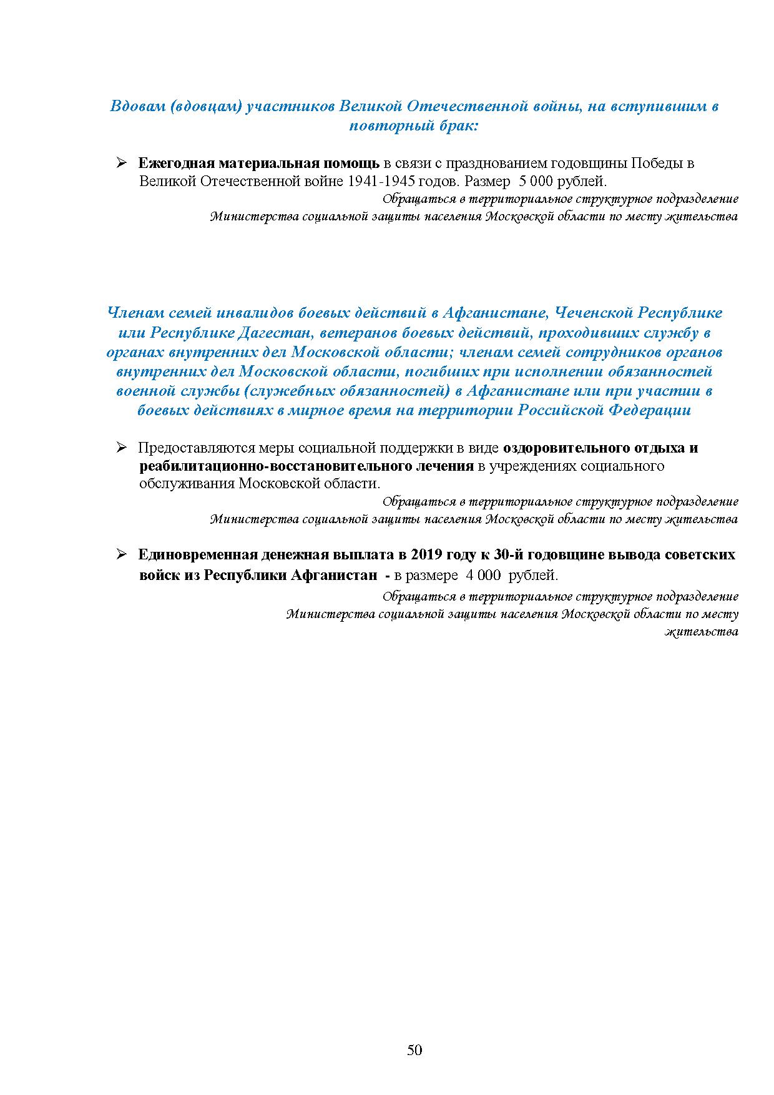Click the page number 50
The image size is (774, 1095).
pos(414,1049)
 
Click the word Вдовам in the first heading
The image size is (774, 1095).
pos(137,106)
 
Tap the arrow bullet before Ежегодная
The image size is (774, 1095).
pos(121,163)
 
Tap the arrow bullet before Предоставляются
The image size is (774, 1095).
pos(121,448)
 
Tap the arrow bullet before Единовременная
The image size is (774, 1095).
pos(121,554)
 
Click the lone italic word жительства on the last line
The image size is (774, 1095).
pos(702,632)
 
